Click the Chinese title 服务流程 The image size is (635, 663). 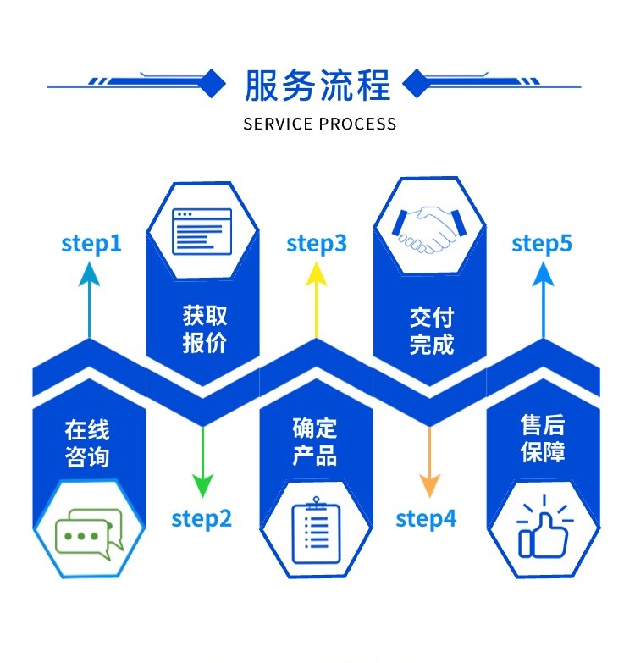point(317,86)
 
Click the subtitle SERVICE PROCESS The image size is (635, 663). point(319,124)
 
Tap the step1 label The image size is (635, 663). point(91,244)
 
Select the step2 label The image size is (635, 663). point(202,517)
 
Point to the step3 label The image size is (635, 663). point(317,244)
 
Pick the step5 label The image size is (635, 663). point(542,244)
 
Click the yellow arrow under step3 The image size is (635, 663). point(317,301)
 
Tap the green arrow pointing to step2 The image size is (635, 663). point(202,461)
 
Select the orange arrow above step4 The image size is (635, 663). point(429,461)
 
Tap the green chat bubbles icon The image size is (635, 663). point(89,534)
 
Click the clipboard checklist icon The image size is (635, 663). point(315,532)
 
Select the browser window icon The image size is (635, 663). point(202,231)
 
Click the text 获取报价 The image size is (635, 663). point(205,329)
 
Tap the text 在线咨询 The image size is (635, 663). point(87,443)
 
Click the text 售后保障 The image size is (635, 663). point(543,438)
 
